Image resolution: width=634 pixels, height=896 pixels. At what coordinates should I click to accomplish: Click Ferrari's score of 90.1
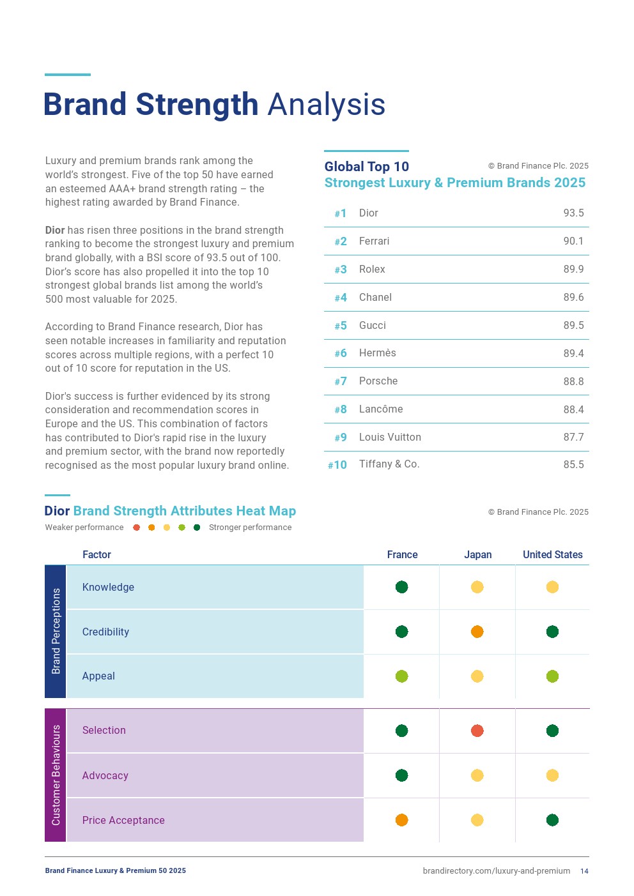pos(573,241)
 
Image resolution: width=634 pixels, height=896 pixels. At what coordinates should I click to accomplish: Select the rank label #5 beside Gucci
pos(341,326)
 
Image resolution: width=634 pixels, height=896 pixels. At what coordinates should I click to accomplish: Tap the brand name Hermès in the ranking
pos(377,353)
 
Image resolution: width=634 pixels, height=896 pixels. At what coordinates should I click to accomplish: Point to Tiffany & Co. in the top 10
pos(389,464)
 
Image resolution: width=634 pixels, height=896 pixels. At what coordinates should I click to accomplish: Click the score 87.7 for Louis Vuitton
pos(573,437)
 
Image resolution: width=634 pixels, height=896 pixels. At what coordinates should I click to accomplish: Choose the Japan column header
pos(477,554)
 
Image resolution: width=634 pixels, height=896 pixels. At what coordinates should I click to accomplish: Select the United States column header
pos(552,554)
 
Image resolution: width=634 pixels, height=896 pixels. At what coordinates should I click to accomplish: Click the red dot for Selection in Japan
pos(477,731)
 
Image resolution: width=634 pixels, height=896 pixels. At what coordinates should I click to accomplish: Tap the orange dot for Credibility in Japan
pos(477,632)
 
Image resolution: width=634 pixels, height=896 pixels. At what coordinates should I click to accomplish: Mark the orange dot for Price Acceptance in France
pos(402,820)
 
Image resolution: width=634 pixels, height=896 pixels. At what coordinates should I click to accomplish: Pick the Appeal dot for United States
pos(553,676)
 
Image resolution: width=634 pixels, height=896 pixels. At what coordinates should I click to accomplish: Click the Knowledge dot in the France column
pos(402,587)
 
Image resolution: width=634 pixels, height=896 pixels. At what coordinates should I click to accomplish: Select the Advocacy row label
pos(105,775)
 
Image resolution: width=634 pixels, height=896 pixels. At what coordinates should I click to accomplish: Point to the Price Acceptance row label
pos(123,820)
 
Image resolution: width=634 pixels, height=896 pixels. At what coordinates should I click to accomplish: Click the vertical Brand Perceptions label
pos(56,631)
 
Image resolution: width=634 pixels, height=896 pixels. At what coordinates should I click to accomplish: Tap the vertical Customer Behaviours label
pos(56,775)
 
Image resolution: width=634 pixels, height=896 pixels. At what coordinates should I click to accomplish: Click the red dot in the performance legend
pos(136,528)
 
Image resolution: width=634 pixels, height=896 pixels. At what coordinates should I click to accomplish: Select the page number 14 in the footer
pos(584,871)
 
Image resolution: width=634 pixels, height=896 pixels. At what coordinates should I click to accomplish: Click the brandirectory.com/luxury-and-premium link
pos(497,871)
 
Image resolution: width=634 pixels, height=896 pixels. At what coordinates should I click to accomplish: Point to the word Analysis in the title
pos(326,105)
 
